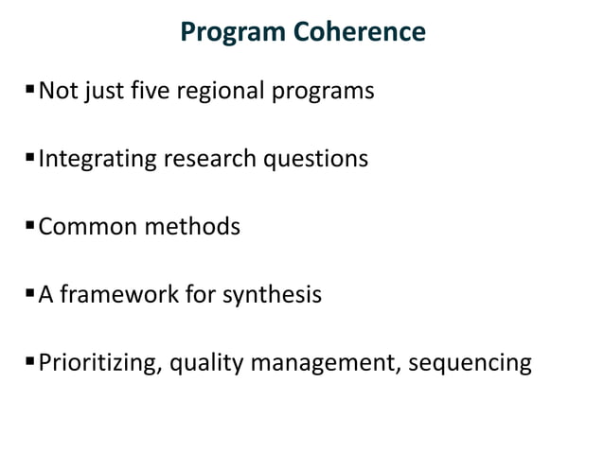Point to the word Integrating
click(98, 159)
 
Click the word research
click(210, 159)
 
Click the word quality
click(200, 363)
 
